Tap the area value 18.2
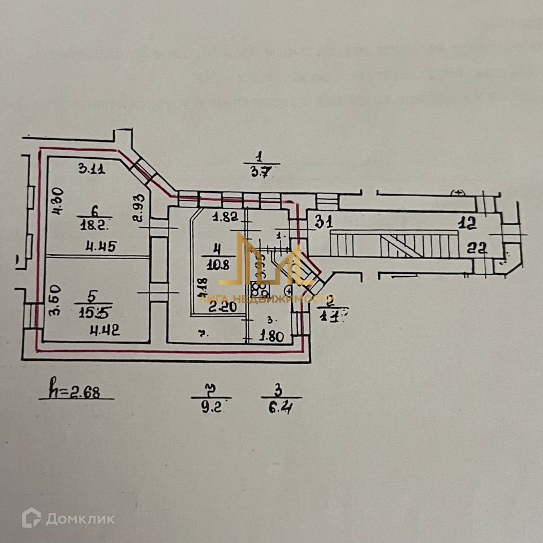point(93,224)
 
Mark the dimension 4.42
point(106,332)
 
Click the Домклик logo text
point(80,518)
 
